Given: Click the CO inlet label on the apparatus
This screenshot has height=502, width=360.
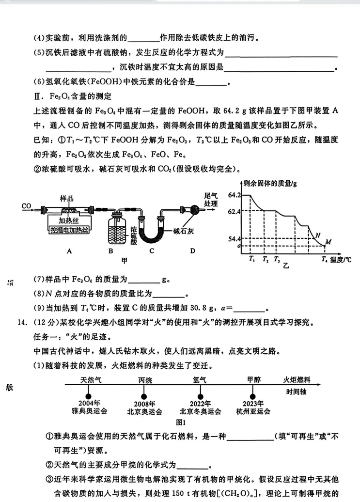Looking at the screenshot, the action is pyautogui.click(x=26, y=206).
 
